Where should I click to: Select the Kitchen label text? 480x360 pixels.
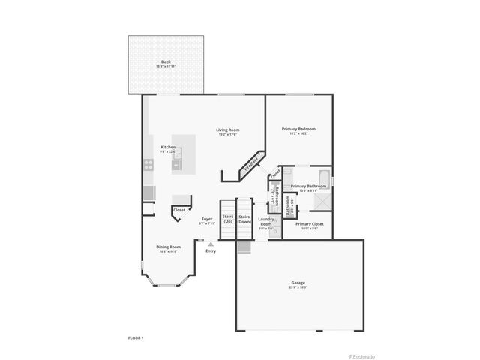(x=168, y=147)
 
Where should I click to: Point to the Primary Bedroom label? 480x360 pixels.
(x=298, y=129)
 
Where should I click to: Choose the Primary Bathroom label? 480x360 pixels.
(x=308, y=186)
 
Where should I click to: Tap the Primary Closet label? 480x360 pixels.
(x=309, y=223)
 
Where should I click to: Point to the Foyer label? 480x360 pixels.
(x=207, y=219)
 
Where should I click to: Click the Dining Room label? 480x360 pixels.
(x=168, y=247)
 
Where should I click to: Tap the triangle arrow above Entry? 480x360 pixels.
(x=211, y=244)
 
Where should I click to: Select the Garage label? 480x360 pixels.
(x=298, y=283)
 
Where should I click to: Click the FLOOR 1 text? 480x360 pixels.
(x=135, y=338)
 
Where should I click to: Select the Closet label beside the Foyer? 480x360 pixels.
(x=179, y=210)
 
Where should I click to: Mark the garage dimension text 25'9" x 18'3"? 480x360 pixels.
(x=298, y=288)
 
